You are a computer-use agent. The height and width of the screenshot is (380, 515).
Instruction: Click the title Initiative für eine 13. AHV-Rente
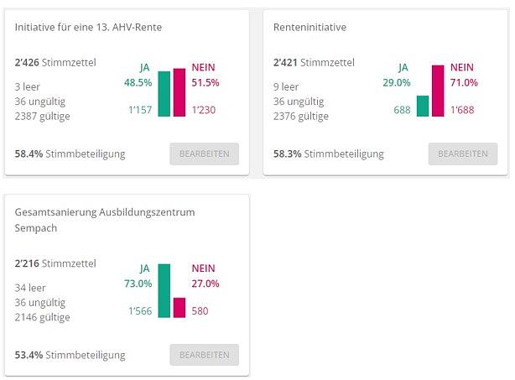(88, 28)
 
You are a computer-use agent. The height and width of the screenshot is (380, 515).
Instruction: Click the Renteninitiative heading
(310, 28)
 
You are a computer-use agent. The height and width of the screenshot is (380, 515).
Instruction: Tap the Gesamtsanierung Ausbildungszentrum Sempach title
(105, 220)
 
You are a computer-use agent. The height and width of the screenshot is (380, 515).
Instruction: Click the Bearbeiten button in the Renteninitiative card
(462, 154)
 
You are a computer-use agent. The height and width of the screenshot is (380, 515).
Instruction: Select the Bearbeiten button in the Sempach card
(204, 355)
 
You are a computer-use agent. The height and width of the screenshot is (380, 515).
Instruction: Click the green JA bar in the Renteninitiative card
(422, 106)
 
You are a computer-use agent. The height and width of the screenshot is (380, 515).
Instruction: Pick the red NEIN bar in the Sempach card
(179, 308)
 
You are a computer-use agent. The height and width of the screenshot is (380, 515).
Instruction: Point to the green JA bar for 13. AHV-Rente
(164, 93)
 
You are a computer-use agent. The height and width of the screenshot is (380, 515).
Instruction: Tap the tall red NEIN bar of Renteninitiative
(437, 91)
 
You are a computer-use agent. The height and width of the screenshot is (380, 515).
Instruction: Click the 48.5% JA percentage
(138, 82)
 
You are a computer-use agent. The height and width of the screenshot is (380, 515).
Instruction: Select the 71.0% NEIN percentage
(464, 82)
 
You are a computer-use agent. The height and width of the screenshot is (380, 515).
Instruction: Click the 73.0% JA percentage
(138, 284)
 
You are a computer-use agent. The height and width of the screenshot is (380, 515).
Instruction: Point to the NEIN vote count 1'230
(205, 110)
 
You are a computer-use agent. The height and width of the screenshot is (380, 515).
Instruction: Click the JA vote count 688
(403, 110)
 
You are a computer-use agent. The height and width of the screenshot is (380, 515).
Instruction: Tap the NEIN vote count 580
(200, 311)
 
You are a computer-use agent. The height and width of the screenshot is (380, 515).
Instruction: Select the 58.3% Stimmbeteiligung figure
(287, 154)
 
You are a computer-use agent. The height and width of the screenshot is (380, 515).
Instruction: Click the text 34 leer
(31, 288)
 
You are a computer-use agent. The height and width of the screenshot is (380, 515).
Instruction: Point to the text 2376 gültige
(301, 116)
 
